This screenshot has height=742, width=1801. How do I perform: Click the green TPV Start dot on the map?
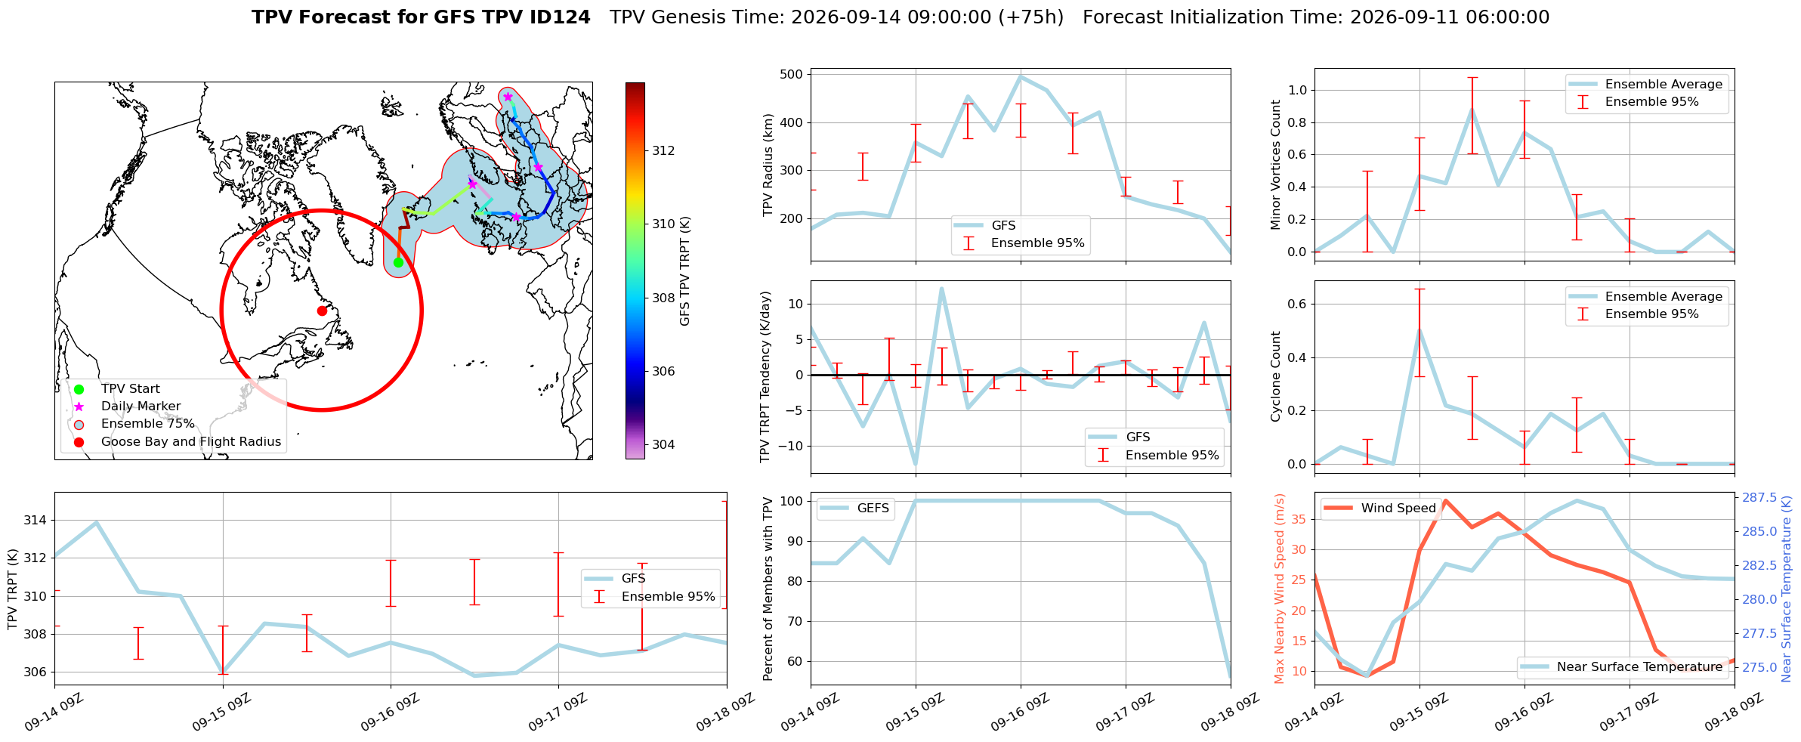[x=398, y=262]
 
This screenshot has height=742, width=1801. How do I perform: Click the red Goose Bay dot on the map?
[x=322, y=311]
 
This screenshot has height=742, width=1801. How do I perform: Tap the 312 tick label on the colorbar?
[x=663, y=150]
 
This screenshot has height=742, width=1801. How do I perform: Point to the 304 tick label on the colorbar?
[x=663, y=444]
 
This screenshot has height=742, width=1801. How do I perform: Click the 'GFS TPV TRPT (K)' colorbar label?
[x=685, y=271]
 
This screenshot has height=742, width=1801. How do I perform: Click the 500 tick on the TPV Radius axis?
[x=792, y=74]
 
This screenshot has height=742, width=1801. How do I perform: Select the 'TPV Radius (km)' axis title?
[x=768, y=165]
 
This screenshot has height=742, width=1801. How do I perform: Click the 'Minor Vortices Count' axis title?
[x=1276, y=165]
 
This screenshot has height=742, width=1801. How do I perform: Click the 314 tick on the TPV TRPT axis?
[x=35, y=520]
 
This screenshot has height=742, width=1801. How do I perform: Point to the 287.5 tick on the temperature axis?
[x=1759, y=497]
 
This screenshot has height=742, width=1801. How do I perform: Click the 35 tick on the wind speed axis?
[x=1299, y=519]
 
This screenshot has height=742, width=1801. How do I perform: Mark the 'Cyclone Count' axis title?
[x=1276, y=376]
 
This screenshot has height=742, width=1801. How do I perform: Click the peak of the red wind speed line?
[x=1445, y=500]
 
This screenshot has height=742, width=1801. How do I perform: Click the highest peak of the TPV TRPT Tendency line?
[x=941, y=289]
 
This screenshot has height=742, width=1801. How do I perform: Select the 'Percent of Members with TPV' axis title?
[x=768, y=589]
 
